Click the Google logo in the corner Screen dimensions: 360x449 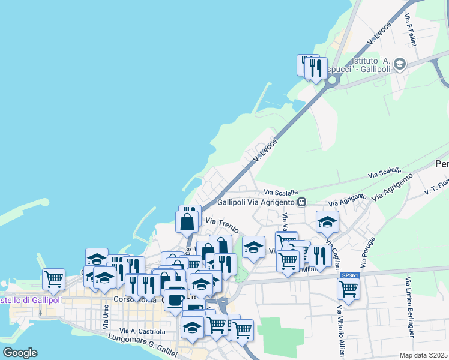(20, 353)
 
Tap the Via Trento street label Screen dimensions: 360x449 (223, 226)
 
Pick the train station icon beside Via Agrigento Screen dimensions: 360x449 (302, 202)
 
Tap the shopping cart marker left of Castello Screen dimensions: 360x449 (53, 278)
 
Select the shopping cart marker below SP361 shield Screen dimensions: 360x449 (348, 288)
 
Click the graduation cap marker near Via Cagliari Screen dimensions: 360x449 (327, 221)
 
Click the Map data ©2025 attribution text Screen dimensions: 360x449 (424, 355)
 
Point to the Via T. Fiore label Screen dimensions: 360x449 (436, 187)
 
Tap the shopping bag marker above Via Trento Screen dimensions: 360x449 (187, 221)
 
